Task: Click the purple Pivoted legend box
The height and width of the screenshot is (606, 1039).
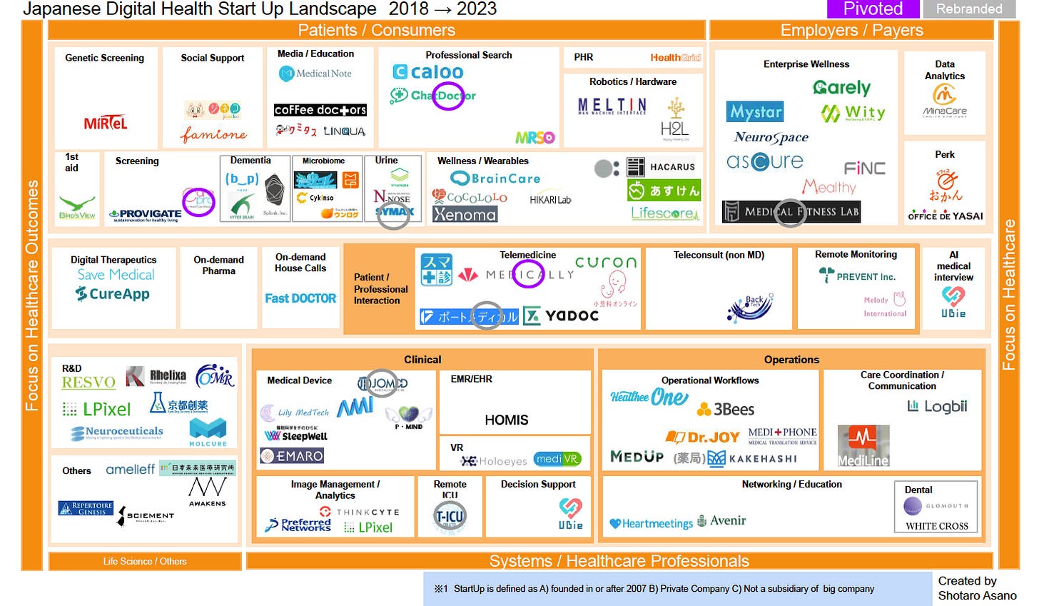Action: (x=872, y=9)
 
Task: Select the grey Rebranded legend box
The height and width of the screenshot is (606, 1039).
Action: (x=968, y=9)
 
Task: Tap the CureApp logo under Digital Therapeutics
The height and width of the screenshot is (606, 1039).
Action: (x=113, y=294)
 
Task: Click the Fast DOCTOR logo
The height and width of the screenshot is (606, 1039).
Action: (x=300, y=298)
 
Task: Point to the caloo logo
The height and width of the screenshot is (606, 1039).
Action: (x=428, y=72)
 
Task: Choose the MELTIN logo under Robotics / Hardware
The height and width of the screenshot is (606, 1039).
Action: (x=612, y=106)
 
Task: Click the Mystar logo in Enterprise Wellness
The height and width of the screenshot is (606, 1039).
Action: (x=755, y=112)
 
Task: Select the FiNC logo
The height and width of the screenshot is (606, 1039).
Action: (x=864, y=168)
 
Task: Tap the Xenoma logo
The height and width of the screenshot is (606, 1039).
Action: (x=465, y=214)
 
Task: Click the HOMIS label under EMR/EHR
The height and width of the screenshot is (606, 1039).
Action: (x=507, y=420)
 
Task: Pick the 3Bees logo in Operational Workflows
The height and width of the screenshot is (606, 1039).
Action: (x=726, y=409)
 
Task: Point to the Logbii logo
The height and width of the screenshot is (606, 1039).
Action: (x=937, y=406)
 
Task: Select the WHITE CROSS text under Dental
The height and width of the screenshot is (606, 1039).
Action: (x=936, y=526)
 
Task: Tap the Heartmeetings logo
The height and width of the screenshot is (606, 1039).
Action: (x=651, y=524)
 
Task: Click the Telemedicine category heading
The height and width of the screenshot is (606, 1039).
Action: (x=527, y=255)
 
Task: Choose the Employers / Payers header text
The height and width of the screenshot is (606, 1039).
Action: (x=851, y=30)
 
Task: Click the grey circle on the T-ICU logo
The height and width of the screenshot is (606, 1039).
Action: (x=450, y=516)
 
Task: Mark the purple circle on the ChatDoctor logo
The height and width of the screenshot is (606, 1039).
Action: (x=449, y=96)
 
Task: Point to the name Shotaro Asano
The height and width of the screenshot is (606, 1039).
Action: (x=977, y=595)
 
